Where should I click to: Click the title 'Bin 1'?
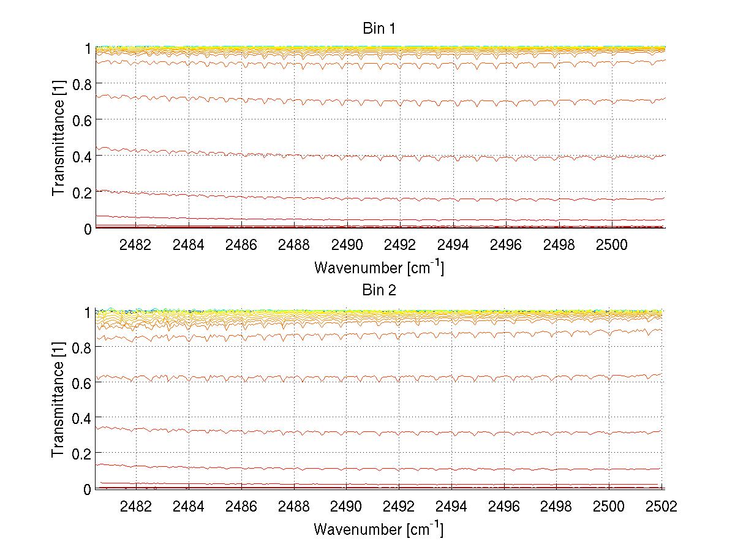(x=379, y=29)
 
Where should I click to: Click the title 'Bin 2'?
(x=379, y=290)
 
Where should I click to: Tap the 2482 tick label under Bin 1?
(x=136, y=245)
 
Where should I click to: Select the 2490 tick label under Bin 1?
(x=347, y=245)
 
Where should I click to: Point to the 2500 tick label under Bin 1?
(x=610, y=245)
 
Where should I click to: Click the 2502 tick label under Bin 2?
(x=661, y=506)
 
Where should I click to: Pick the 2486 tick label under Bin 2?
(x=241, y=506)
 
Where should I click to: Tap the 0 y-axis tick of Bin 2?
(x=88, y=489)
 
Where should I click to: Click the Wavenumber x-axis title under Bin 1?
(x=379, y=267)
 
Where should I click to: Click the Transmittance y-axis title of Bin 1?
(x=58, y=138)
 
